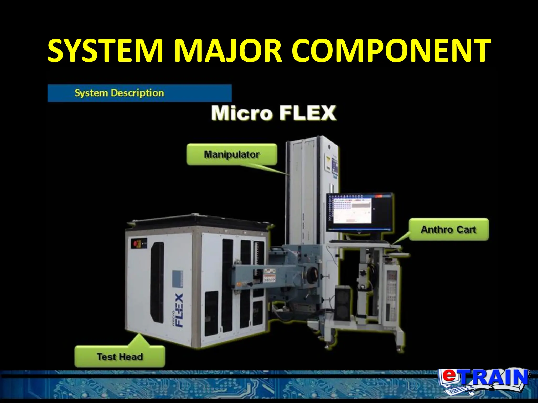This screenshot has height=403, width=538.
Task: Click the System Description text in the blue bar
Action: tap(119, 93)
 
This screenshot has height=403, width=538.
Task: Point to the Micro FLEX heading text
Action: tap(273, 113)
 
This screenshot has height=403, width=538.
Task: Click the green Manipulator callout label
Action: tap(232, 154)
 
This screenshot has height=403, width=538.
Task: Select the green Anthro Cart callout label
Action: tap(448, 230)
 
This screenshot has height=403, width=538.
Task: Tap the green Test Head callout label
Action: tap(120, 357)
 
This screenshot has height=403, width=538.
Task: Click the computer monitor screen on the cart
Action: tap(359, 212)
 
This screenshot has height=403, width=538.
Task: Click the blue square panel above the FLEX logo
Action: tap(177, 279)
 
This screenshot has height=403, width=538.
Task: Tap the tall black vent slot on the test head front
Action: tap(157, 282)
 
